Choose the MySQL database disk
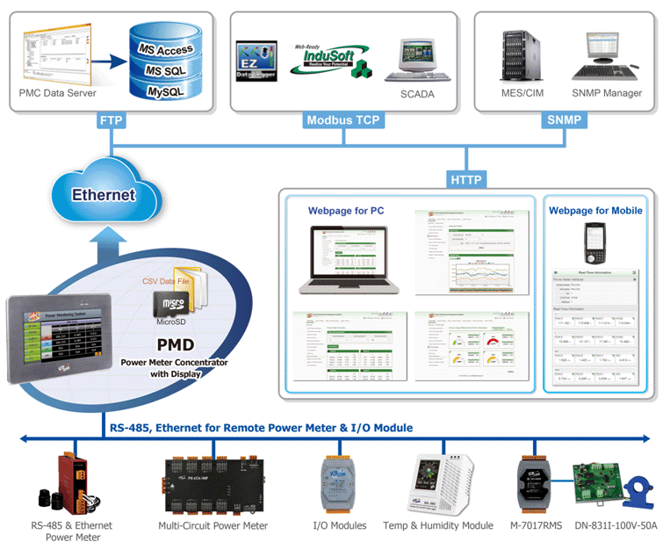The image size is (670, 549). tap(165, 90)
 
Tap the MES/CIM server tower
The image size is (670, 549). tap(517, 55)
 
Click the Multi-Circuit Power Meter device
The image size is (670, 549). tap(213, 486)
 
